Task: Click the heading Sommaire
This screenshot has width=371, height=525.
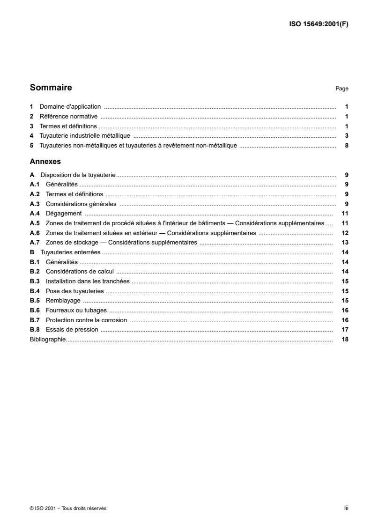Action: tap(51, 88)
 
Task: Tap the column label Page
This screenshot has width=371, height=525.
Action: tap(342, 89)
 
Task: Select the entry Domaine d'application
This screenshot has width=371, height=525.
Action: tap(70, 107)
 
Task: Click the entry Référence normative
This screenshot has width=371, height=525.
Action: tap(68, 117)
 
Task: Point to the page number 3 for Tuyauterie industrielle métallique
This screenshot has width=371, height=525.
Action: tap(346, 136)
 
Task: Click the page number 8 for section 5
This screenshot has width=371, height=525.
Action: tap(346, 146)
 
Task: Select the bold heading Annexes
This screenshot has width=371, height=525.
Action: tap(45, 161)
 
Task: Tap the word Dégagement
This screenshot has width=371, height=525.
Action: tap(60, 214)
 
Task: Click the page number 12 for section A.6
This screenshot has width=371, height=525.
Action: tap(344, 233)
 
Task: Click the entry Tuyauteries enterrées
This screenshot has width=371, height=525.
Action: tap(70, 252)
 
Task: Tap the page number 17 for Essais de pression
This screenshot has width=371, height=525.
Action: tap(344, 330)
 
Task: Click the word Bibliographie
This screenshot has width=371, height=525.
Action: tap(47, 339)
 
